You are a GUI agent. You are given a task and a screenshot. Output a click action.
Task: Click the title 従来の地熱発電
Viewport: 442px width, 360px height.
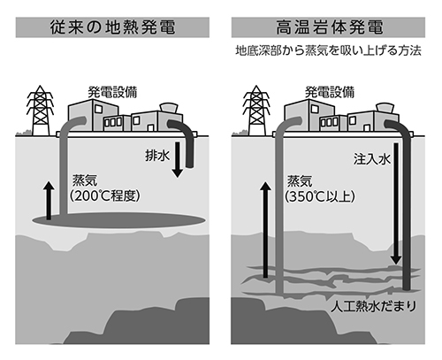[112, 27]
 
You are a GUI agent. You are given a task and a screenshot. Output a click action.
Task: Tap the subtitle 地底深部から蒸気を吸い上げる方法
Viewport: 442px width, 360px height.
[328, 50]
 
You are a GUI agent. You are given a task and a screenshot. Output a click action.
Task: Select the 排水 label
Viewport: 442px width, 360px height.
[157, 156]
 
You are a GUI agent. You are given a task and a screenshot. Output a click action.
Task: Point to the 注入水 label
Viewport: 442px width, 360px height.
[372, 159]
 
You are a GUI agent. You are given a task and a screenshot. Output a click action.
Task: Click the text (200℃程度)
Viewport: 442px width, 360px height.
[105, 195]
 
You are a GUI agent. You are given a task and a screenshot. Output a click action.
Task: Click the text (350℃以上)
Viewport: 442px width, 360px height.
[320, 196]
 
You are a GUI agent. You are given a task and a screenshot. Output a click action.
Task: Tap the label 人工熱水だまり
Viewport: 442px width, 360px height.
[373, 306]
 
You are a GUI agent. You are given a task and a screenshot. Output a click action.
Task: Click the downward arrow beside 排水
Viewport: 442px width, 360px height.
[177, 159]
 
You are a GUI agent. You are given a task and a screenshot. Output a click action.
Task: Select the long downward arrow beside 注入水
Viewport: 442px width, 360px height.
[396, 203]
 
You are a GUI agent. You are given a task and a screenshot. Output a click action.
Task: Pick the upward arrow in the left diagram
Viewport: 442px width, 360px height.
[49, 201]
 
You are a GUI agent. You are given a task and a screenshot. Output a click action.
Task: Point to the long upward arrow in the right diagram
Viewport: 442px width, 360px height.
[265, 230]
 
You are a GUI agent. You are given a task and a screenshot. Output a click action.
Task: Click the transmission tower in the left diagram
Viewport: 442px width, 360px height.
[41, 111]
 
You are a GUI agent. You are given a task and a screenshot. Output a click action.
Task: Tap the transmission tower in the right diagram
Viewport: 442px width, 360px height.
[256, 111]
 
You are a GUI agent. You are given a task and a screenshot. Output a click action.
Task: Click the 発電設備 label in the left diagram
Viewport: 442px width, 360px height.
[113, 92]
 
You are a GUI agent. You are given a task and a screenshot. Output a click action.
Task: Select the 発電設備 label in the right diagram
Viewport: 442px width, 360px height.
[330, 92]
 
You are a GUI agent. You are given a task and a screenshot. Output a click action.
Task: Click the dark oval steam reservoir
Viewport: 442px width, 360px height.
[118, 220]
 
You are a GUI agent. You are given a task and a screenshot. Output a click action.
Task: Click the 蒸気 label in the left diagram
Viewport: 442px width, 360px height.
[85, 180]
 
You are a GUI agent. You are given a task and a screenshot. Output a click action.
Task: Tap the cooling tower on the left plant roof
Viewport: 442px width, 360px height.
[169, 108]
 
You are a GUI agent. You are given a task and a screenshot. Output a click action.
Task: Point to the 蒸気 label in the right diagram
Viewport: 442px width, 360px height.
[300, 181]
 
